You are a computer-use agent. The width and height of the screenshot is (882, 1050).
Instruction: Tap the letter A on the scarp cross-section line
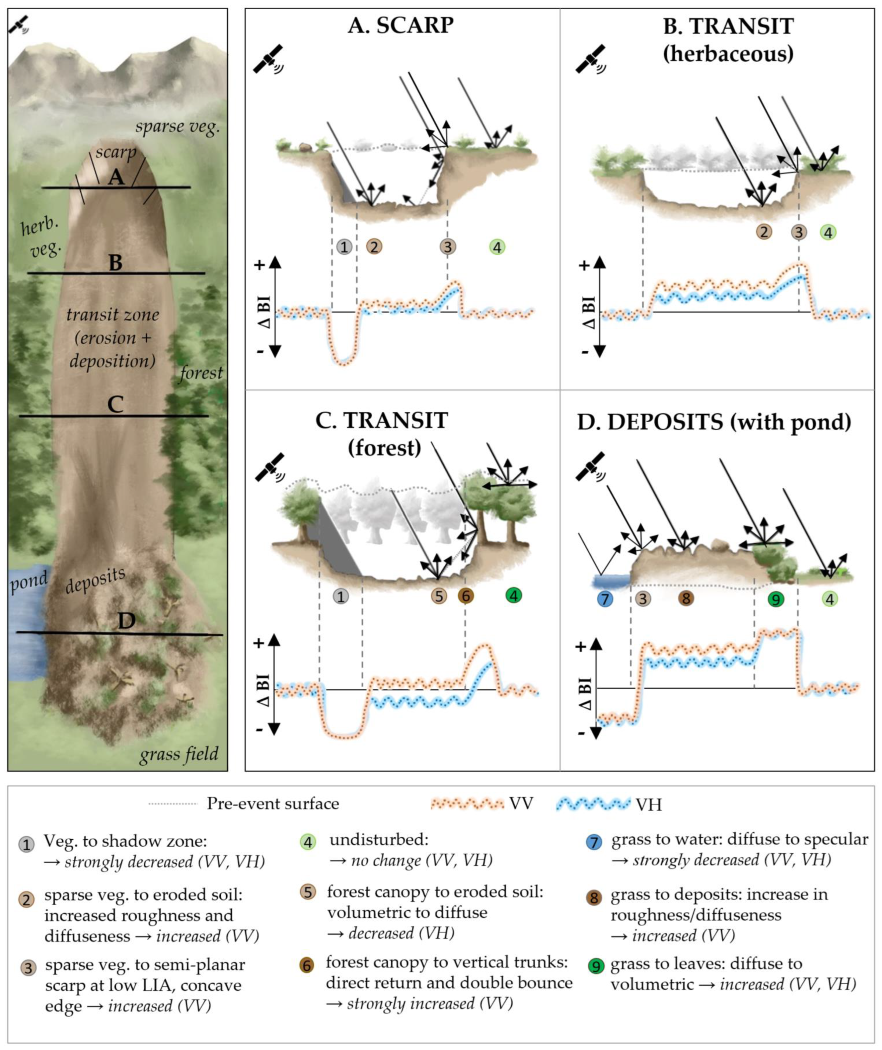pyautogui.click(x=116, y=177)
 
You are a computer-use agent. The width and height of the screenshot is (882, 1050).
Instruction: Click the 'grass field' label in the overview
pyautogui.click(x=179, y=753)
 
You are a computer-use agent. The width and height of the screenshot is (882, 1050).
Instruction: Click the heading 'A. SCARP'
pyautogui.click(x=401, y=26)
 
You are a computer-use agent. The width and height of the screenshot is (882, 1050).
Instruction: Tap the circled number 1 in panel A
pyautogui.click(x=344, y=246)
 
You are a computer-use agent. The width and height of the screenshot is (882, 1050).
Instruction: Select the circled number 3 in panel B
pyautogui.click(x=799, y=232)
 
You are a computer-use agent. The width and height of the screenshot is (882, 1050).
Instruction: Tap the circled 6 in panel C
pyautogui.click(x=466, y=595)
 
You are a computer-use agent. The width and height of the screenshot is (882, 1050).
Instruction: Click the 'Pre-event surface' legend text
pyautogui.click(x=273, y=804)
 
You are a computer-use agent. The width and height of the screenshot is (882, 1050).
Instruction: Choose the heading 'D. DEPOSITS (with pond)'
pyautogui.click(x=714, y=422)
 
